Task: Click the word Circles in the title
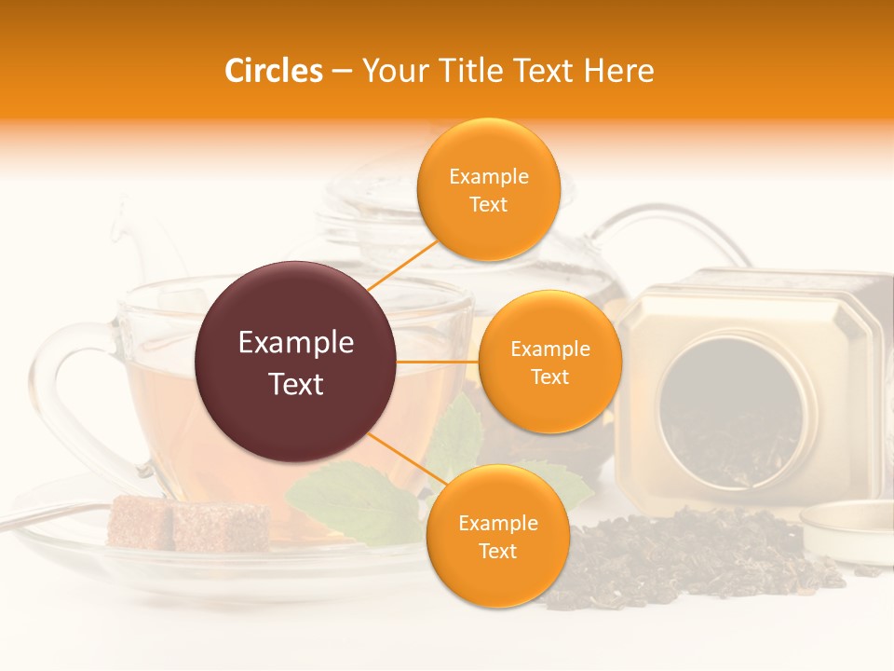[274, 71]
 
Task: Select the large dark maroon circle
[296, 362]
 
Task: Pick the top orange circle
[488, 189]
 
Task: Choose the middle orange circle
[549, 362]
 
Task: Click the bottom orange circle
[497, 536]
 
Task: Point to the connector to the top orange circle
[402, 267]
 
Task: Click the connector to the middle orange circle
[438, 362]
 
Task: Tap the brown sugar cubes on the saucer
[186, 525]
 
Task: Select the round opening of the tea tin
[736, 410]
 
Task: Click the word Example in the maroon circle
[296, 343]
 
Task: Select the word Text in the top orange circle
[488, 204]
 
